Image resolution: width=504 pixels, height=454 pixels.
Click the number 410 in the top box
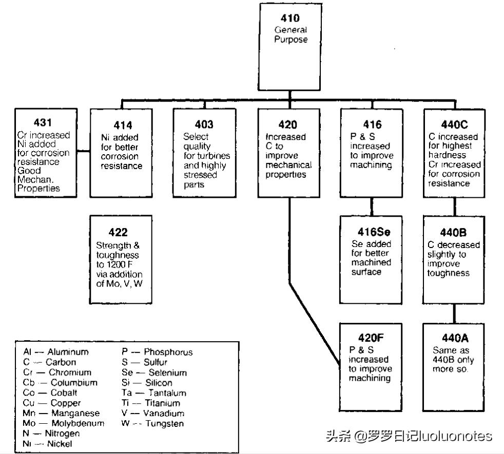click(x=290, y=19)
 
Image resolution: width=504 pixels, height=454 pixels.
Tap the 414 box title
click(x=123, y=125)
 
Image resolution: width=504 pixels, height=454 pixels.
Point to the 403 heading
click(x=204, y=125)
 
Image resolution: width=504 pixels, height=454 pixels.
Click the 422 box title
click(x=118, y=232)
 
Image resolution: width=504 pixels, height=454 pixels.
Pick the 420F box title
click(x=371, y=338)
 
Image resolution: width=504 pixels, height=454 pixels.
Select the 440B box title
click(x=453, y=232)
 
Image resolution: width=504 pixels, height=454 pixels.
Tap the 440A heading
click(x=455, y=338)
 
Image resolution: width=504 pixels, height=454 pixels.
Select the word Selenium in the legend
click(x=167, y=373)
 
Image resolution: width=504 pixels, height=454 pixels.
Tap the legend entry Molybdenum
click(x=77, y=423)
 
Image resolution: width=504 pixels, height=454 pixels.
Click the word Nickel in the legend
click(x=60, y=444)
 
